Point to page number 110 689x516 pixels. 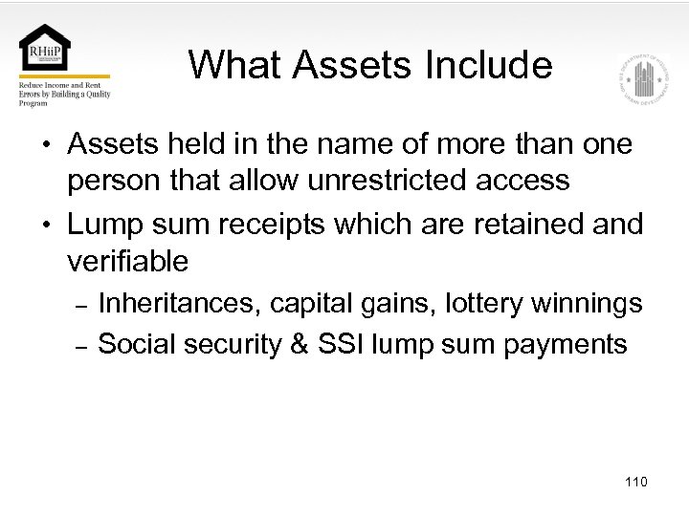(x=635, y=482)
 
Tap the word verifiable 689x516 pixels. (x=127, y=260)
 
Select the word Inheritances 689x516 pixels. (x=180, y=304)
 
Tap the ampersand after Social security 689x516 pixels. (x=300, y=344)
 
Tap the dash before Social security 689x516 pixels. (x=81, y=346)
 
